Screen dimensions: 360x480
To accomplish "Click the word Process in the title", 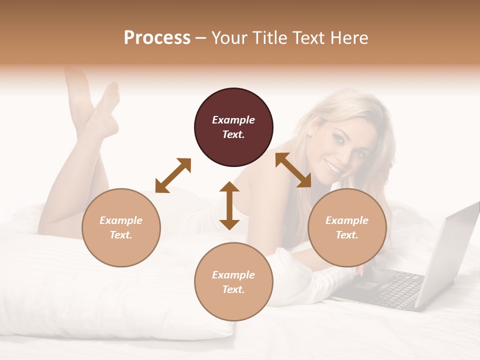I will point(157,38).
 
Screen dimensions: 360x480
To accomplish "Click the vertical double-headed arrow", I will point(229,205).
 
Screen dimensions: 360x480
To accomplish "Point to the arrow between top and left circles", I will point(173,175).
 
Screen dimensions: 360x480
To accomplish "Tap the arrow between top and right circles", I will point(293,170).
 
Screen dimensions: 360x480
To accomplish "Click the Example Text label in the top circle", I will point(233,127).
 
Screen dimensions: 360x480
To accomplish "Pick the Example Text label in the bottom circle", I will point(233,282).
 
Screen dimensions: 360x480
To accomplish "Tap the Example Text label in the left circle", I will point(121,227).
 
